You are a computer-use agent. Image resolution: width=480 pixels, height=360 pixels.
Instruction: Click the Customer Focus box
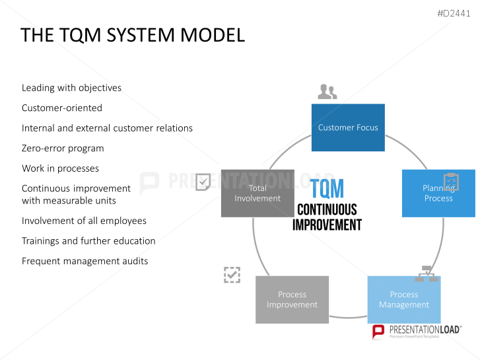(x=348, y=127)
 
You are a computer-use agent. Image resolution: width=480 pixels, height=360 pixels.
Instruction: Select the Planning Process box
(x=438, y=194)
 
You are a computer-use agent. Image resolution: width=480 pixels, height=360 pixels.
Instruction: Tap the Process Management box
(x=404, y=300)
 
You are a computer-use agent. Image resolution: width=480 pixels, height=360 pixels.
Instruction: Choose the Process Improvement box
(x=292, y=300)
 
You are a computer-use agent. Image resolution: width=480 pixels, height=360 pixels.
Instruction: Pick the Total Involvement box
(x=257, y=194)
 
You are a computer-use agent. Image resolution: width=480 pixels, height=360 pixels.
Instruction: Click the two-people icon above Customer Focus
(x=327, y=92)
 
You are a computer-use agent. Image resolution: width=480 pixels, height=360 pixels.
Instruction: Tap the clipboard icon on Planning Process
(x=451, y=182)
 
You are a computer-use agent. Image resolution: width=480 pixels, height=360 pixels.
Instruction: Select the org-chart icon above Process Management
(x=427, y=273)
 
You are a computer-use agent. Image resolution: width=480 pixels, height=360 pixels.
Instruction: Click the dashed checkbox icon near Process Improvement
(x=232, y=275)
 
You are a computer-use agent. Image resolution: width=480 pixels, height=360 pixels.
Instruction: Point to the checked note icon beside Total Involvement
(x=203, y=182)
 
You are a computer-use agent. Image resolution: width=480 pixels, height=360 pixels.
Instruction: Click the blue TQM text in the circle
(x=327, y=188)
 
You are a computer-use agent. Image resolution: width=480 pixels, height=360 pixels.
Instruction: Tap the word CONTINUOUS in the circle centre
(x=327, y=210)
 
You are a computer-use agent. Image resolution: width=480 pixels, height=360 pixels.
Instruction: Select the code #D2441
(x=454, y=13)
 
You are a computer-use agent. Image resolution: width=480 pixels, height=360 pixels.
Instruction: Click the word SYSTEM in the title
(x=141, y=35)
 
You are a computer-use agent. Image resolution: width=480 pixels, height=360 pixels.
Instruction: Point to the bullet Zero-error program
(x=63, y=148)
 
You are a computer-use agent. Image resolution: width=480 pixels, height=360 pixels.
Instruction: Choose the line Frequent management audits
(x=85, y=261)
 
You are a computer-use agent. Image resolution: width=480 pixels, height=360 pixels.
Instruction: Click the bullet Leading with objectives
(x=71, y=88)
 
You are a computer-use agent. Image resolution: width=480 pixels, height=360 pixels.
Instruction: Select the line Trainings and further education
(x=88, y=241)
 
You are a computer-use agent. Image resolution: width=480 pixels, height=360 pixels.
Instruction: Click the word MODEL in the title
(x=213, y=35)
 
